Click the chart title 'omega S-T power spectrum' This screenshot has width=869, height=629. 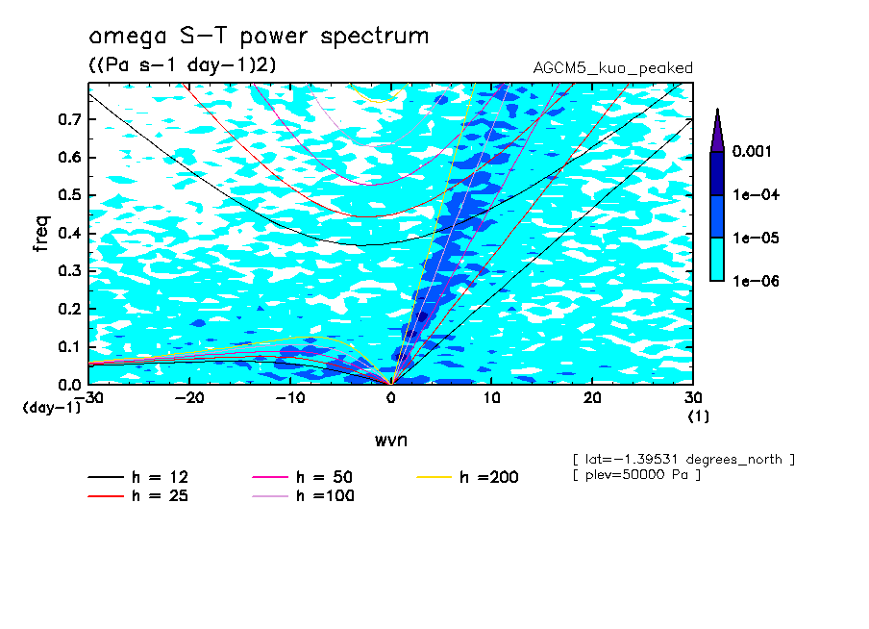coord(259,37)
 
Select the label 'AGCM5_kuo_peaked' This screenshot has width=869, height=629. coord(612,67)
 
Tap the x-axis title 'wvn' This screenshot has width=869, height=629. coord(389,439)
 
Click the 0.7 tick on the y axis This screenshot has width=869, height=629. coord(68,119)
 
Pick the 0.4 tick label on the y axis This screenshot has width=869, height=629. coord(68,233)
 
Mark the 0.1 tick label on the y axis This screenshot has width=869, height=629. coord(68,346)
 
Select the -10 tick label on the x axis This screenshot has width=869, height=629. coord(290,397)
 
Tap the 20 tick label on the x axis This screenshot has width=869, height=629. coord(592,397)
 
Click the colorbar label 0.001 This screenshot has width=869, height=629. coord(754,152)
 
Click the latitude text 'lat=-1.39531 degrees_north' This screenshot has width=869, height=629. coord(683,459)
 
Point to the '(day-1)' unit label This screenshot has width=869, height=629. coord(52,407)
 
